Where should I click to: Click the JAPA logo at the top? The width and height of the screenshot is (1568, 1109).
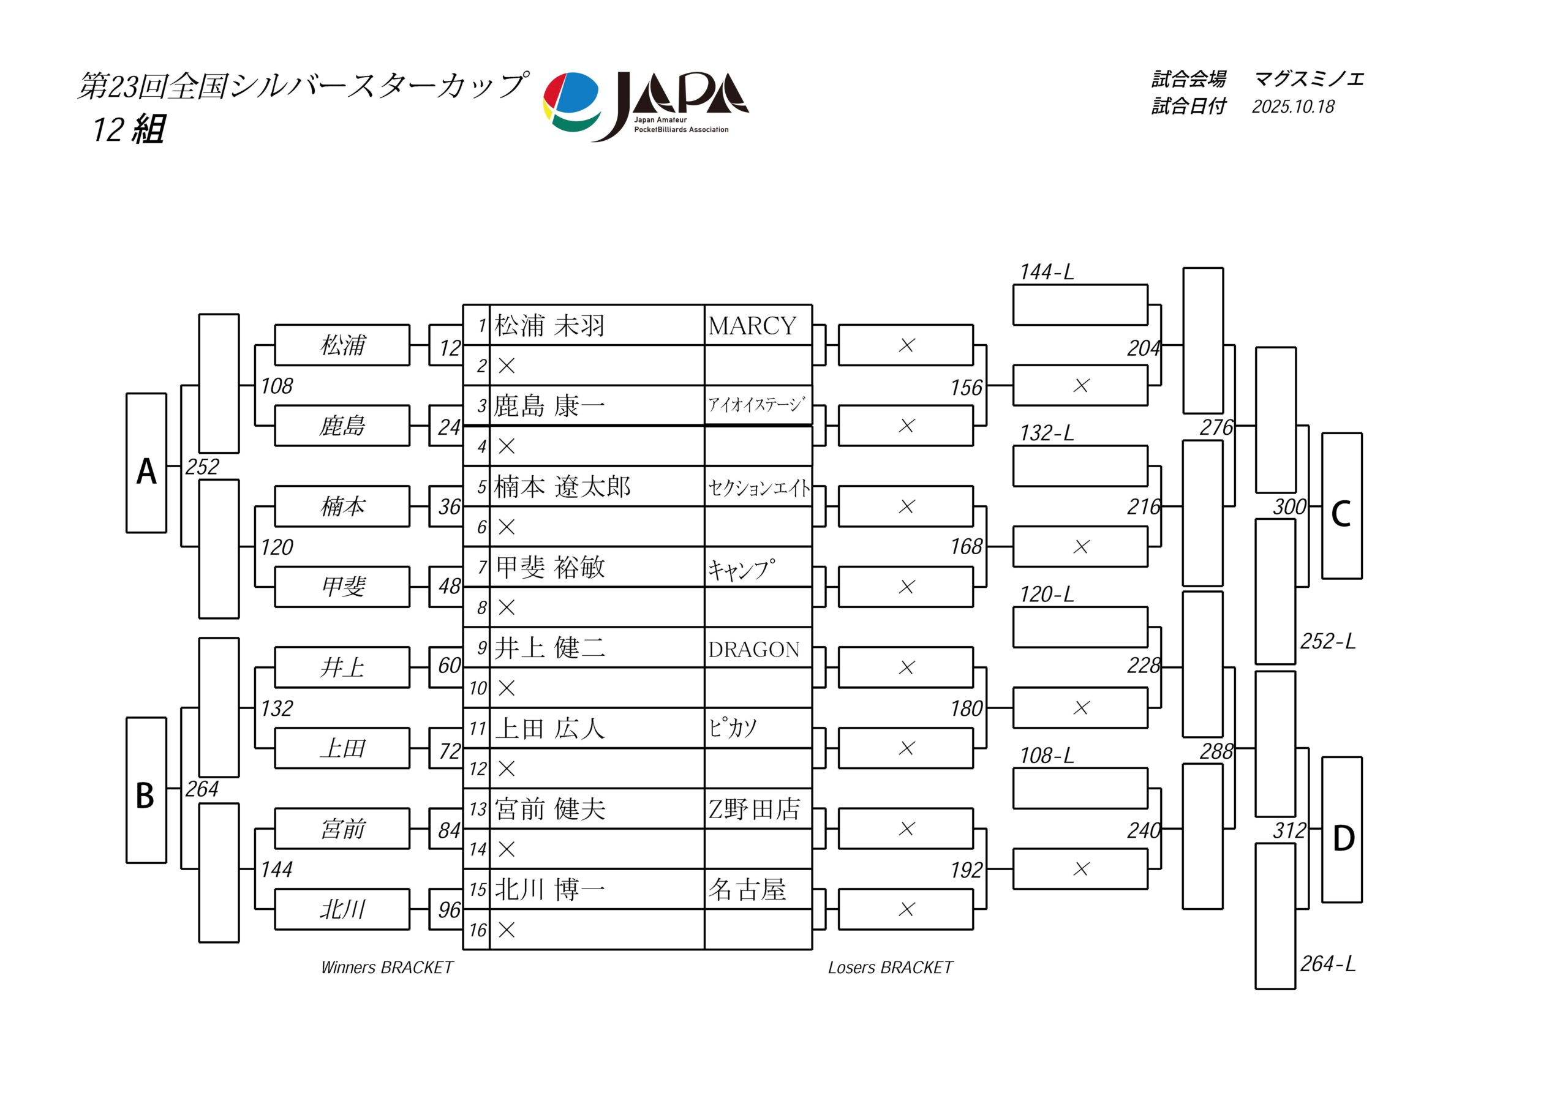click(646, 106)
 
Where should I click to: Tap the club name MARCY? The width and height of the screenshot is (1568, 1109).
click(752, 326)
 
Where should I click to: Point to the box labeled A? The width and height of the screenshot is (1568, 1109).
click(146, 464)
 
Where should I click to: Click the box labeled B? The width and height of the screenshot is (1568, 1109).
click(146, 790)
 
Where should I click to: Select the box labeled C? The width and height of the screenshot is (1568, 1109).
click(1341, 506)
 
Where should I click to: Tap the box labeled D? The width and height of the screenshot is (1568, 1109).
click(1341, 830)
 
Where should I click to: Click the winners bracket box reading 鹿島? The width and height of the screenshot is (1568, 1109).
click(342, 426)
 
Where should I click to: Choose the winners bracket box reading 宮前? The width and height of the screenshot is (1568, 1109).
click(342, 829)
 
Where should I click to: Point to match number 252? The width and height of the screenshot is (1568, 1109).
click(202, 467)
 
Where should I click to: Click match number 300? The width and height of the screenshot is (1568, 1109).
click(1289, 506)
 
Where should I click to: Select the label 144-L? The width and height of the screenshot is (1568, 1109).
click(1046, 273)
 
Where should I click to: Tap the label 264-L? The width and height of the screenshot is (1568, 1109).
click(1327, 963)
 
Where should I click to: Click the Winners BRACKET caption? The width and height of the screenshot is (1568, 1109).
click(386, 968)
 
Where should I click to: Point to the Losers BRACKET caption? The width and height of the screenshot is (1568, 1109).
click(890, 968)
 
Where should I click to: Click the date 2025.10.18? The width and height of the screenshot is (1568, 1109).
click(1293, 107)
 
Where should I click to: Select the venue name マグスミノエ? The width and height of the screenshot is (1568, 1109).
click(1308, 79)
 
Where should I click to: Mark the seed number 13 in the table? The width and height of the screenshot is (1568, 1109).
click(477, 809)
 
